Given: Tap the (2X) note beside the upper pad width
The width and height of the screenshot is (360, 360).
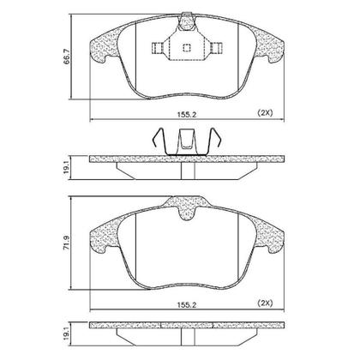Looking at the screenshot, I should (x=267, y=113).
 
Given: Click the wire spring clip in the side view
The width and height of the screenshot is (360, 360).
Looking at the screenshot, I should (x=183, y=142).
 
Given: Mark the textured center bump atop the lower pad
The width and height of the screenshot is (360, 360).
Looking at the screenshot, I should (x=183, y=207).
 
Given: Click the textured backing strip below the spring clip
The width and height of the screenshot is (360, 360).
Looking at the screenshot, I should (x=183, y=159).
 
